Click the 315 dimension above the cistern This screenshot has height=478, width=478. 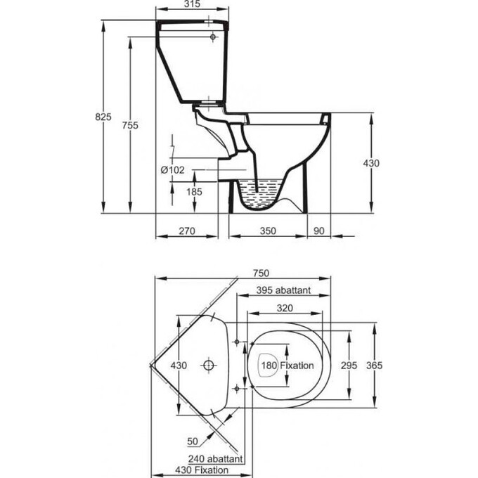coord(193,4)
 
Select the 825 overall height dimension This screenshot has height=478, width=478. coord(103,117)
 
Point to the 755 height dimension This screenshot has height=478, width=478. coord(130,125)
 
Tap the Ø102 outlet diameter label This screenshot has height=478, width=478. coord(173,170)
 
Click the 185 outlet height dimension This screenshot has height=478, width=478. coord(194,192)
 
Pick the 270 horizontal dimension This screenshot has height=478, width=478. coord(187,231)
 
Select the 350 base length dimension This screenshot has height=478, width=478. coord(268,231)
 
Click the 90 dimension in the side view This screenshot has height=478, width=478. coord(319,231)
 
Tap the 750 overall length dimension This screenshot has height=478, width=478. coord(261,273)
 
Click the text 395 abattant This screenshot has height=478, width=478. coord(283,290)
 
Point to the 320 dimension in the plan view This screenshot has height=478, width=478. coord(285,308)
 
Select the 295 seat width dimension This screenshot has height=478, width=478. coord(349,366)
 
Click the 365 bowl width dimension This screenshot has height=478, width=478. coord(374,366)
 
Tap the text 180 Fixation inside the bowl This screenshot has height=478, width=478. coord(288,366)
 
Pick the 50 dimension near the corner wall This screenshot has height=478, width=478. coord(193,441)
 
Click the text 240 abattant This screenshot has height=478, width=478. coord(215,459)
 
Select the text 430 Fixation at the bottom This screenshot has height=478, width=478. coord(202,470)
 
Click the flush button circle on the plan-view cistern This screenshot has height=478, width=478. coord(209,366)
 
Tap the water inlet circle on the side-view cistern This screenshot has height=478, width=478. coord(213,37)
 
